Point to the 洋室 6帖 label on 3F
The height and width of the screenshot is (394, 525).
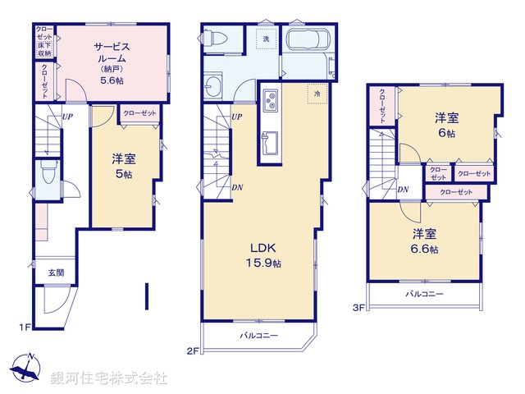click(x=448, y=125)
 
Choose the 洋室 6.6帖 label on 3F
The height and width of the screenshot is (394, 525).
click(x=425, y=241)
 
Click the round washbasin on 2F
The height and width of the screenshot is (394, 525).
click(x=217, y=85)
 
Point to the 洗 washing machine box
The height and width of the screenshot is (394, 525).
click(x=267, y=39)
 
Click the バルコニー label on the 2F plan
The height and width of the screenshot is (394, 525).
click(x=259, y=336)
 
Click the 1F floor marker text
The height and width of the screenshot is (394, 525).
click(x=25, y=328)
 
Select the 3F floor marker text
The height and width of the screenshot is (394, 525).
click(x=358, y=308)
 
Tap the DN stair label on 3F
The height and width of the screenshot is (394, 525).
click(x=404, y=190)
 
